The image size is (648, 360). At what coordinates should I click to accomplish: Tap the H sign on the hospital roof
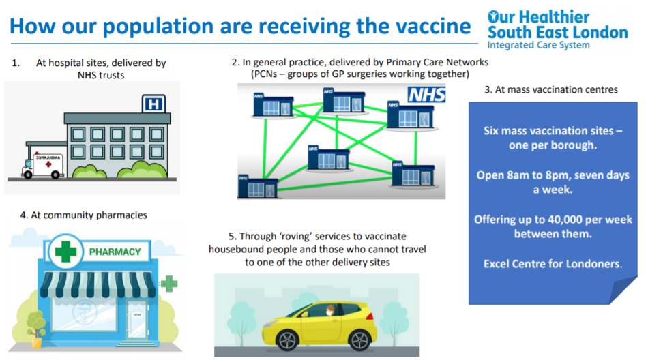[x=153, y=104]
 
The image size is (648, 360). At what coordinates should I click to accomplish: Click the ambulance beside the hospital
[x=43, y=166]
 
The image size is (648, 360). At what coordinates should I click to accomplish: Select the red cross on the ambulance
[x=48, y=164]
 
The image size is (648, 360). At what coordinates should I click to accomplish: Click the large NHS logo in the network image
[x=426, y=95]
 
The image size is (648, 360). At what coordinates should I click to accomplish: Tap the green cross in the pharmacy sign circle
[x=65, y=252]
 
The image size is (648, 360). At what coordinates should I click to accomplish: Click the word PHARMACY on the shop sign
[x=115, y=252]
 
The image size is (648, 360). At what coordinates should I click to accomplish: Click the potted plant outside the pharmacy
[x=36, y=329]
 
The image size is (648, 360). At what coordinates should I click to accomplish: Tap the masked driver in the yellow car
[x=329, y=311]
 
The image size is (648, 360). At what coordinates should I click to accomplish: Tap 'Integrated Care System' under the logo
[x=538, y=45]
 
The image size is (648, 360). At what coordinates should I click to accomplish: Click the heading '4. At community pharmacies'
[x=83, y=215]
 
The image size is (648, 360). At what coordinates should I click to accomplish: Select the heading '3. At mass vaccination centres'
[x=551, y=90]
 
